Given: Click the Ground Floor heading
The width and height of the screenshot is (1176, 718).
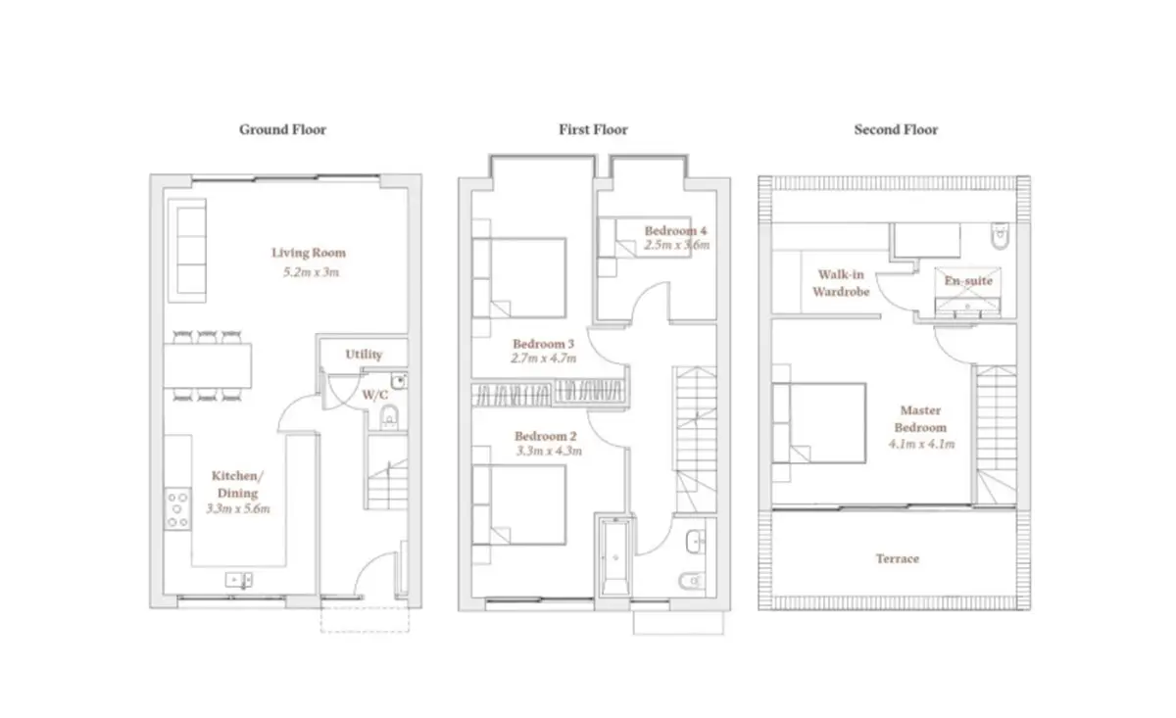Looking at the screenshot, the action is tap(282, 129).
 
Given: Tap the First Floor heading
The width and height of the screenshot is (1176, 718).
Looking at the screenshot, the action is tap(593, 129).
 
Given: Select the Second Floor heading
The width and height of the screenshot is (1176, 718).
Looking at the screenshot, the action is tap(896, 129).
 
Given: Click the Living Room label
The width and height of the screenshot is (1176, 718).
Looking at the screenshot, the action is tap(309, 253).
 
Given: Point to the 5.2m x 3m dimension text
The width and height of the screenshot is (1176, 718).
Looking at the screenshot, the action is tap(312, 272).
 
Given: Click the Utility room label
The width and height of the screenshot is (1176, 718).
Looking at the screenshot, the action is tap(364, 355).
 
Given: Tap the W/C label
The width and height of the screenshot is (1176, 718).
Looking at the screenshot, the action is tap(374, 395).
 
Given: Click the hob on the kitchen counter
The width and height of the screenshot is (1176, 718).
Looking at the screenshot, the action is tap(177, 509).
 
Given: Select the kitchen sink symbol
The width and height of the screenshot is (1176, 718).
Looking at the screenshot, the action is tap(239, 580).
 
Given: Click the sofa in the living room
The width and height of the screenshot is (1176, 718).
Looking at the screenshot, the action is tap(187, 251).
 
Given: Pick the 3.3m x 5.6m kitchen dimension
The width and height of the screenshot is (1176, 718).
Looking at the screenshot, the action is tap(238, 508).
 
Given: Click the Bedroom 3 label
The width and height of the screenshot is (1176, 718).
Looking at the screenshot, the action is tap(543, 344).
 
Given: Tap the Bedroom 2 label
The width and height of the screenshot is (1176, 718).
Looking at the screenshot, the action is tap(546, 436).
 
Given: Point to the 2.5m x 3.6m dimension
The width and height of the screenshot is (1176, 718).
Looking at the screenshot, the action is tap(677, 245).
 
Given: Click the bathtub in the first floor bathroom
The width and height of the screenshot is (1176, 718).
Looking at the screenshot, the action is tap(615, 556).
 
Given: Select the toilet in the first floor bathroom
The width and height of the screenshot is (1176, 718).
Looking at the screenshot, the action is tap(692, 581).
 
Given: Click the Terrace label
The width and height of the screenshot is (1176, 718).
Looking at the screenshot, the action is tap(898, 558).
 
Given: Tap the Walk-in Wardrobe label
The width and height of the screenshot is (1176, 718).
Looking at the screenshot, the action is tap(841, 283).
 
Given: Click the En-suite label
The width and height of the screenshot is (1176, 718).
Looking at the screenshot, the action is tap(968, 281).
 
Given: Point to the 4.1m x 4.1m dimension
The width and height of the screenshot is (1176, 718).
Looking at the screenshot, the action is tap(921, 444).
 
